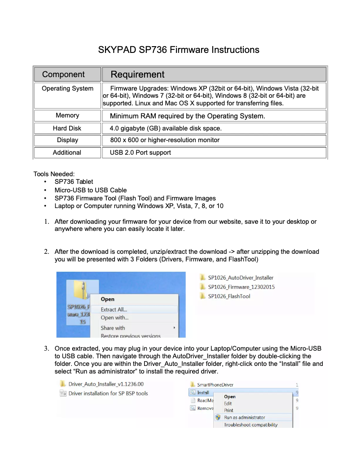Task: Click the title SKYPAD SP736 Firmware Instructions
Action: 179,50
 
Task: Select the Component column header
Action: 63,74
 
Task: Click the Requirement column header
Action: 137,74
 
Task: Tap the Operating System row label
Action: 67,88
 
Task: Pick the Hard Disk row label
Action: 67,128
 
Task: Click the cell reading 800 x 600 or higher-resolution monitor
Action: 165,140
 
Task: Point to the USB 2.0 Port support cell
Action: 140,153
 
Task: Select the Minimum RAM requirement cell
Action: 187,116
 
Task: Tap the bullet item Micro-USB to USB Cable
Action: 90,190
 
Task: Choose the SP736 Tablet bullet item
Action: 74,182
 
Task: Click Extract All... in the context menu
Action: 114,309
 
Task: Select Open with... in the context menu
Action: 114,318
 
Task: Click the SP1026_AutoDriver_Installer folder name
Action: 241,278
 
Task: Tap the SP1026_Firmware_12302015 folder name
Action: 241,287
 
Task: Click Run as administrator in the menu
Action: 245,417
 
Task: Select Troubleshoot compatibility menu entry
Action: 250,425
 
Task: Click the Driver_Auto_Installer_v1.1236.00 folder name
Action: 106,384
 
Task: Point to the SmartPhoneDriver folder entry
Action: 215,385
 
